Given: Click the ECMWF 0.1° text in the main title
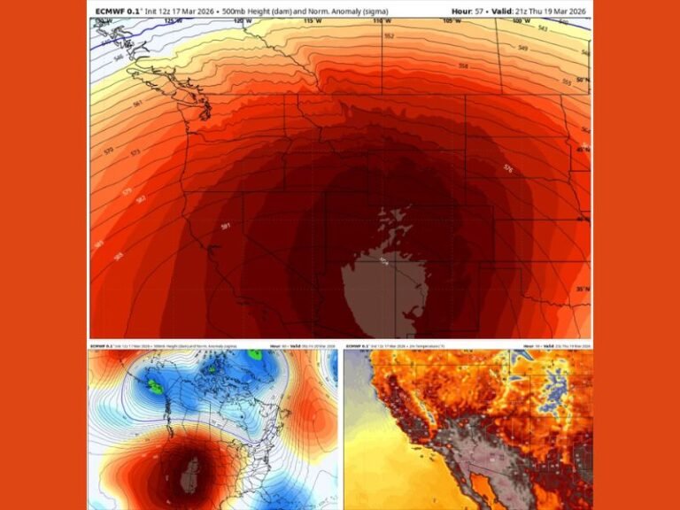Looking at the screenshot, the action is (x=119, y=12).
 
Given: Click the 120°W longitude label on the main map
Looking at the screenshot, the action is (x=233, y=20).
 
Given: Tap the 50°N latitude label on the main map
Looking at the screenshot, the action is (x=582, y=81).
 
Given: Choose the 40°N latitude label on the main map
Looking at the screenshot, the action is (x=582, y=219).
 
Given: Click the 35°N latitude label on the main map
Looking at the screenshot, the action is (x=582, y=290).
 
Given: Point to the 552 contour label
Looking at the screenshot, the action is (x=389, y=36).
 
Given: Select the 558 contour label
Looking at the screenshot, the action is (x=462, y=66).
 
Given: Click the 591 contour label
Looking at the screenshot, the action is (x=226, y=227).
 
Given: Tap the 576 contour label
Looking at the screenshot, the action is (x=507, y=167).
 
